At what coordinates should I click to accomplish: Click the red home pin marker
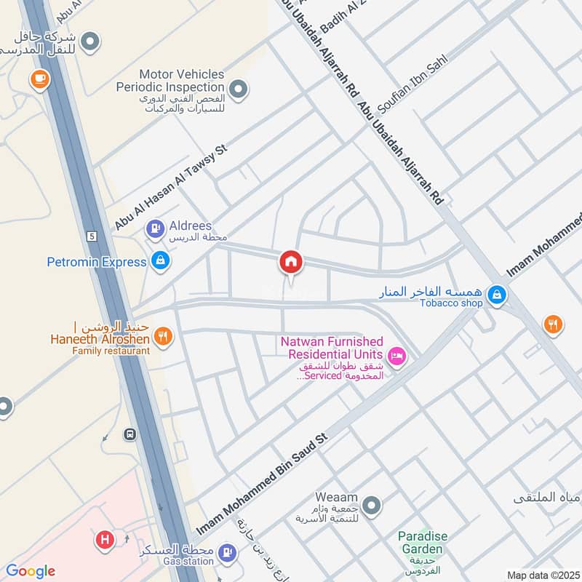pyautogui.click(x=291, y=262)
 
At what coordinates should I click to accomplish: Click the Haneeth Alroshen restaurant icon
pyautogui.click(x=164, y=337)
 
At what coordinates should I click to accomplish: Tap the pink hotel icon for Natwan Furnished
pyautogui.click(x=396, y=356)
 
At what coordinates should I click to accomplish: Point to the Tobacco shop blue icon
pyautogui.click(x=497, y=295)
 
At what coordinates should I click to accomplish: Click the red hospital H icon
pyautogui.click(x=105, y=541)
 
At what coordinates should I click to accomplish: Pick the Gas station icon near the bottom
pyautogui.click(x=228, y=554)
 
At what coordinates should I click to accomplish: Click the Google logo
pyautogui.click(x=31, y=571)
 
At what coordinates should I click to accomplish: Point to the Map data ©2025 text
pyautogui.click(x=542, y=575)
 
